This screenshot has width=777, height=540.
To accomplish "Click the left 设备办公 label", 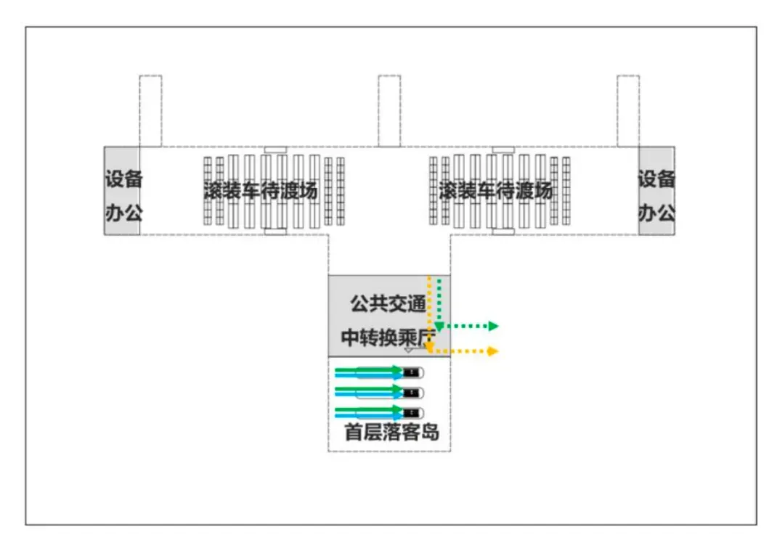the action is point(124,196).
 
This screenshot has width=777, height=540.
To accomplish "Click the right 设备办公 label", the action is point(656,196).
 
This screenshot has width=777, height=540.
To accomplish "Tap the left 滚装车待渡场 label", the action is point(261,191).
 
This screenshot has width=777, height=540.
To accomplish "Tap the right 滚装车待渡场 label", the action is point(495,191).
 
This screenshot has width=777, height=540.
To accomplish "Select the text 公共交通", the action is point(388,303).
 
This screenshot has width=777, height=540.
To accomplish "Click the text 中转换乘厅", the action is point(388,337).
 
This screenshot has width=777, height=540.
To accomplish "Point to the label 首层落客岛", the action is point(391,432).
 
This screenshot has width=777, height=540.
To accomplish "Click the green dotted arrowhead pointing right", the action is point(493,326).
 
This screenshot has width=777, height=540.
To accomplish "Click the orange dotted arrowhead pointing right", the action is point(492,351).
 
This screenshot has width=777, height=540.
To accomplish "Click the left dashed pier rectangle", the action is point(150,111).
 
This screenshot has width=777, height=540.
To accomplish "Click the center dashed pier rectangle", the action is point(389,111).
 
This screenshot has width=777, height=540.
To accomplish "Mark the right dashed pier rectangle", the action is point(628,111).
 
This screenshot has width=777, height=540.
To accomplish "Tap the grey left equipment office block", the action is point(122,191).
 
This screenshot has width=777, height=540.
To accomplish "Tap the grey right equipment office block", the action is point(656,191).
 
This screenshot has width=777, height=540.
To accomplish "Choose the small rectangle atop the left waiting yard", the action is point(275,150).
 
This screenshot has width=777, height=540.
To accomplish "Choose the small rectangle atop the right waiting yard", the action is point(503,150).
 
